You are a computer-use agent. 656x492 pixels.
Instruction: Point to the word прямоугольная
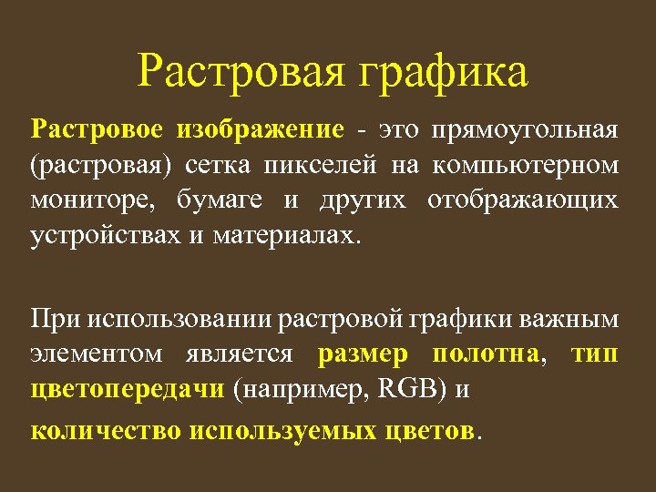point(528,130)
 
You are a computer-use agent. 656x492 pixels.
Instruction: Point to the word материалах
point(288,235)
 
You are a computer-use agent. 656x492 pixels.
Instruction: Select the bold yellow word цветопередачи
point(128,390)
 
